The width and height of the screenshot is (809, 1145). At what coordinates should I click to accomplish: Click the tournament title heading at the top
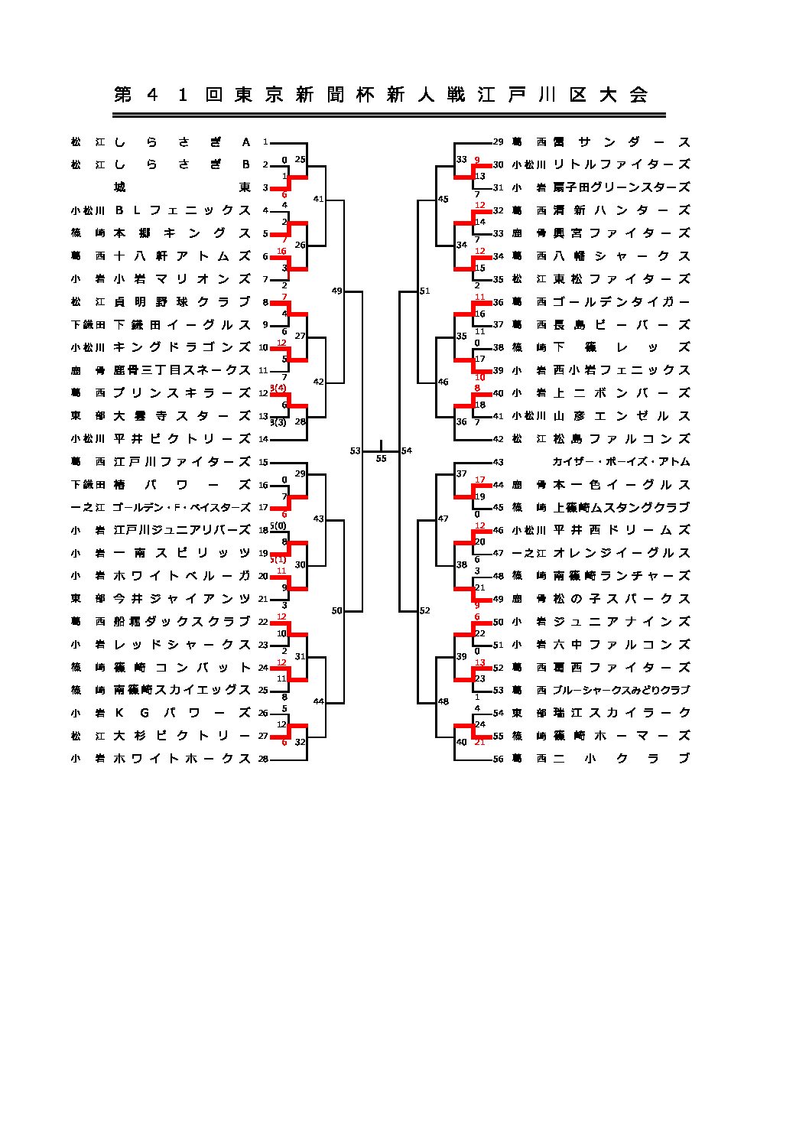coord(381,95)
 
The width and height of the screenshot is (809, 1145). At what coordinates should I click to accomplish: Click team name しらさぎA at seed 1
coord(183,142)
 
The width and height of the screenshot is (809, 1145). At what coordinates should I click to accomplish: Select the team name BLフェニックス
coord(183,210)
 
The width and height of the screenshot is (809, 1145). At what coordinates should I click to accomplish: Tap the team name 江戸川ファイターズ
coord(183,462)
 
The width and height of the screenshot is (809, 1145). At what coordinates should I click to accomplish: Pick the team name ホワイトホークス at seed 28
coord(183,759)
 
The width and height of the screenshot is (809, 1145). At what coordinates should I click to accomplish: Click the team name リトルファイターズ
coord(621,164)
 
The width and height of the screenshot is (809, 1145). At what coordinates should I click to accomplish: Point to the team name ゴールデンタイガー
coord(621,302)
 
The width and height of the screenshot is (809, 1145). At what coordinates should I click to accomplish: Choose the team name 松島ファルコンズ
coord(621,439)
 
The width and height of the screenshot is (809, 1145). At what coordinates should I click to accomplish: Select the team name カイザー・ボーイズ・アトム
coord(621,462)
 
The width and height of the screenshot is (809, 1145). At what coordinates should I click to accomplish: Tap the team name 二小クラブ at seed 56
coord(621,759)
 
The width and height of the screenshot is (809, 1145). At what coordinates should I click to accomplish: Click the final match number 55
coord(381,459)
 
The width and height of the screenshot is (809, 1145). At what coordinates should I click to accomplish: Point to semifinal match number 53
coord(355,451)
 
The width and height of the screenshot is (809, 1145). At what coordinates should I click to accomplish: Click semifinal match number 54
coord(406,451)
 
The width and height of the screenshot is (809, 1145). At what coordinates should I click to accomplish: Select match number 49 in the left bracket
coord(337,291)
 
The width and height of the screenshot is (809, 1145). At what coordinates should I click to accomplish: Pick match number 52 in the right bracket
coord(425,610)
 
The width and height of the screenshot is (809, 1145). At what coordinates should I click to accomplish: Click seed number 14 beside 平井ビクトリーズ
coord(264,439)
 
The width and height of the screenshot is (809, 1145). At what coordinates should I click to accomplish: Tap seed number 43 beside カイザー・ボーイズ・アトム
coord(499,462)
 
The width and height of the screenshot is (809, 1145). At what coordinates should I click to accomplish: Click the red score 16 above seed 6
coord(281,251)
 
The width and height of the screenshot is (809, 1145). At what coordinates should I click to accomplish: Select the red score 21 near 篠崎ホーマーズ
coord(480,743)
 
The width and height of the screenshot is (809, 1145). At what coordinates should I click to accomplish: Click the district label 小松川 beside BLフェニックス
coord(88,210)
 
